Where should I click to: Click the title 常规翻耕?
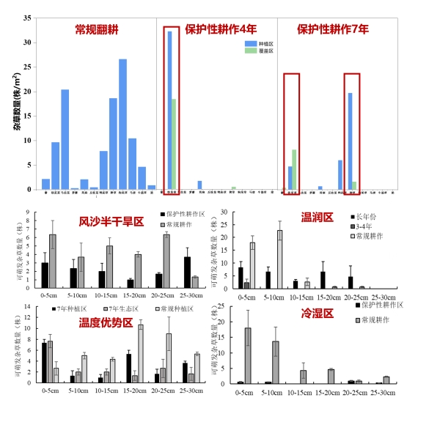[x=97, y=30]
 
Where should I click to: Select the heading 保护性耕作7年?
[x=333, y=30]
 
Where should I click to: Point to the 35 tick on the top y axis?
[x=28, y=18]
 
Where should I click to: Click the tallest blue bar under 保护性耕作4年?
[x=169, y=110]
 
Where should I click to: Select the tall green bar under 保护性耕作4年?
[x=174, y=144]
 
